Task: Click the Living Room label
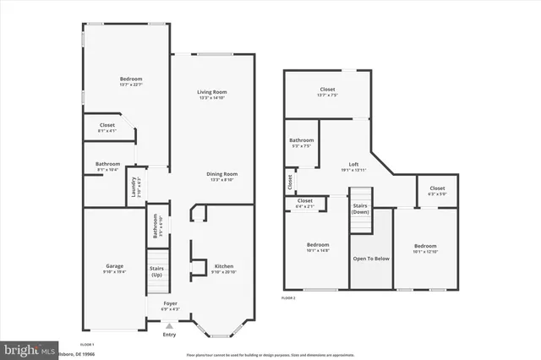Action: coord(212,92)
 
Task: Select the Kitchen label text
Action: coord(223,265)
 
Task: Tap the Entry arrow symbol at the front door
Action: coord(169,325)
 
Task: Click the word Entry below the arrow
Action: coord(169,335)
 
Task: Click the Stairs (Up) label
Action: coord(157,272)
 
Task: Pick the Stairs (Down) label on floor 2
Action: coord(362,208)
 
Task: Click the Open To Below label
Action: coord(371,258)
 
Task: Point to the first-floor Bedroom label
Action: coord(130,79)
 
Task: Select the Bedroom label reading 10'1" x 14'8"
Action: coord(317,246)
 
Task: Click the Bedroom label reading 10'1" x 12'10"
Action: coord(424,246)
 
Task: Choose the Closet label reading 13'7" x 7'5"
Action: coord(327,89)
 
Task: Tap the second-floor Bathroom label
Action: coord(301,140)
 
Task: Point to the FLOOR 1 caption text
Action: coord(87,345)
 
